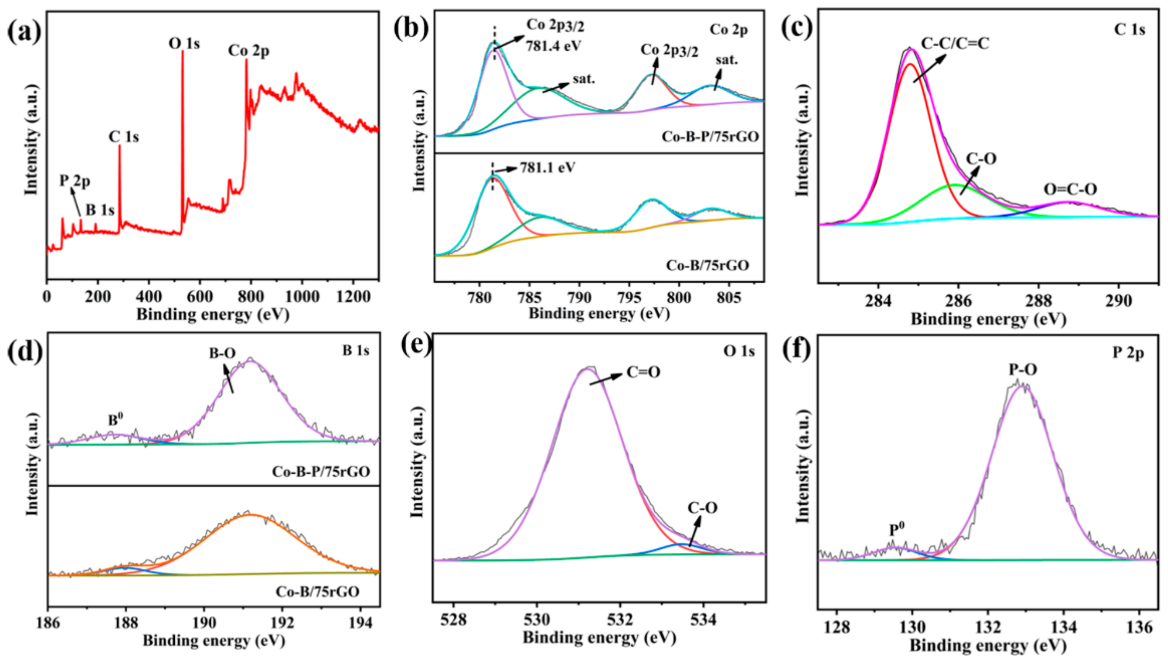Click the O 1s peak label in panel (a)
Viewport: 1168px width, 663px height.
pos(184,44)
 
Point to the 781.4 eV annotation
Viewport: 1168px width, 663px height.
pos(554,46)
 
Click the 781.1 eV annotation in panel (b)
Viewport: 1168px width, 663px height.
pos(548,168)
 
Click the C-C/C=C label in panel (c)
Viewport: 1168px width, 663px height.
pos(955,43)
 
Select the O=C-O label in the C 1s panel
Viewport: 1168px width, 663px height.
pos(1070,189)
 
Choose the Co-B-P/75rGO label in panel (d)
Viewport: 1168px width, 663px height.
pos(321,471)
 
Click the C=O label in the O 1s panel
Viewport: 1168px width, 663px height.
pos(643,372)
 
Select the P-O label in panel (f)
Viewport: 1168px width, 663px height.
pos(1023,370)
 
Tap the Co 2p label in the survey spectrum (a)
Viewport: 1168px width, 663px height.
pos(249,51)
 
